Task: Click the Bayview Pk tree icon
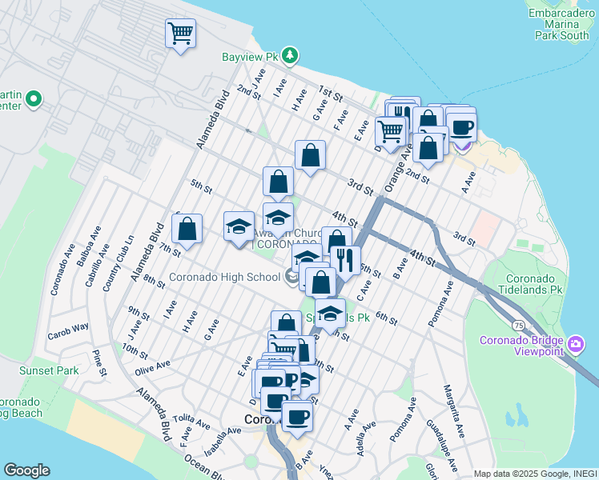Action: click(x=290, y=56)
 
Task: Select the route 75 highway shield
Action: click(x=520, y=326)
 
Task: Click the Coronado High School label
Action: click(x=224, y=278)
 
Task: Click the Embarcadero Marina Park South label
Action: click(x=564, y=24)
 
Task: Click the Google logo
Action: click(x=26, y=470)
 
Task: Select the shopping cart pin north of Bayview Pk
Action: click(x=180, y=34)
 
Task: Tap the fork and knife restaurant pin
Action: click(x=345, y=259)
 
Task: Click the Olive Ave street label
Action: click(x=152, y=365)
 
